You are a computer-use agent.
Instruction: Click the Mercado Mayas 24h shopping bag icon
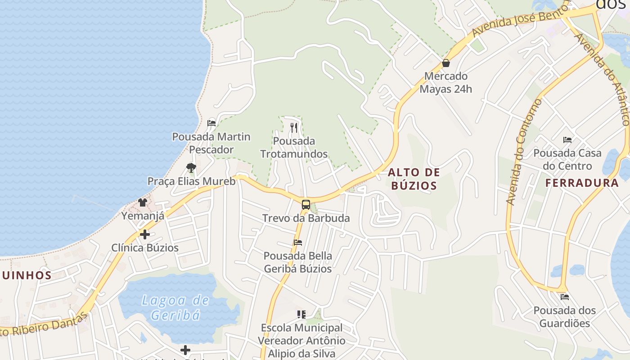pos(446,63)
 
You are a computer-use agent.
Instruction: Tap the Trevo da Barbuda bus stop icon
pos(306,205)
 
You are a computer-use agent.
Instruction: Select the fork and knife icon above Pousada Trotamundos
pos(294,128)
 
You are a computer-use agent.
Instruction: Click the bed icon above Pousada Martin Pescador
pos(211,123)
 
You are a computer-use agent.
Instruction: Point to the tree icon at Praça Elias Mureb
pos(191,168)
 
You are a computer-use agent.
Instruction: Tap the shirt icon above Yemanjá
pos(143,202)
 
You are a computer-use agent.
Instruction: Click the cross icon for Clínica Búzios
pos(144,234)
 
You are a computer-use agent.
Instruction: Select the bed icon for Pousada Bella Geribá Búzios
pos(297,243)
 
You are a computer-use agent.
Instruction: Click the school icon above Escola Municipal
pos(301,314)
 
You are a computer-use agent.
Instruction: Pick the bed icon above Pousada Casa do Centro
pos(567,140)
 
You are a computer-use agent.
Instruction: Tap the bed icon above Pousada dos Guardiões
pos(565,297)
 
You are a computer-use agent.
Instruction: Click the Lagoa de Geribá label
pos(175,307)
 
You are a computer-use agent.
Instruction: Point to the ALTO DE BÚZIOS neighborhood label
pos(414,179)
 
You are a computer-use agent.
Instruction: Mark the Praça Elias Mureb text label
pos(192,181)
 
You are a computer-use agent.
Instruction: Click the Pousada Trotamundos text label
pos(294,148)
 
